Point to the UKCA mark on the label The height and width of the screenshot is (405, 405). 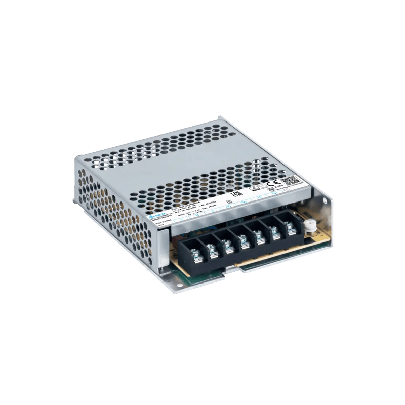click(235, 194)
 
